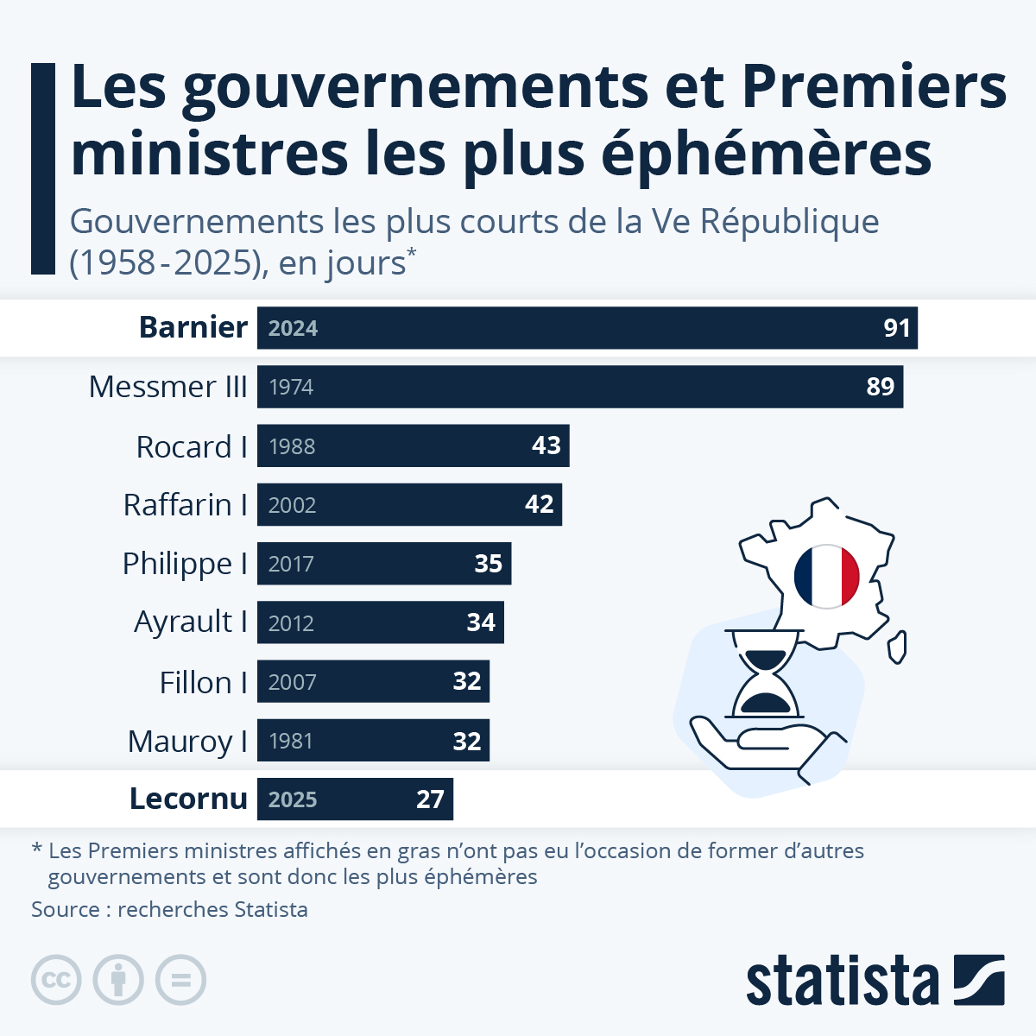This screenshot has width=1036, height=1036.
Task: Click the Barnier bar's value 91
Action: tap(897, 328)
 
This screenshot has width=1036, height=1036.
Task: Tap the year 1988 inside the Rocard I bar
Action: tap(292, 446)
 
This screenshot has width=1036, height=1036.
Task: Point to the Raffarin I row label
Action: tap(186, 505)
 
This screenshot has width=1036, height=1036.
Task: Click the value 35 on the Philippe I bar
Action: tap(488, 564)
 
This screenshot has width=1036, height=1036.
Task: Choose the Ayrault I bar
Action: tap(380, 622)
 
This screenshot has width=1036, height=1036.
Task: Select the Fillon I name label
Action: tap(204, 682)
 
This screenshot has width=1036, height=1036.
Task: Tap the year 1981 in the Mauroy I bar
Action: tap(291, 741)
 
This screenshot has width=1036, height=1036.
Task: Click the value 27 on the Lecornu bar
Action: tap(430, 799)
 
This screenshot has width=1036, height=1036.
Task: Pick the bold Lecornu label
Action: tap(188, 799)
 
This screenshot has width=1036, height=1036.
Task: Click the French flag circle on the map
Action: tap(826, 576)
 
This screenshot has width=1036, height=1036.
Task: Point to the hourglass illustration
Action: tap(765, 673)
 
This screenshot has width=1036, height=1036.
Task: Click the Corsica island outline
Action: tap(898, 647)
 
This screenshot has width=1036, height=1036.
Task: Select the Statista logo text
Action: tap(842, 981)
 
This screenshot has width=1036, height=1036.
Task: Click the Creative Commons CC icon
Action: tap(56, 980)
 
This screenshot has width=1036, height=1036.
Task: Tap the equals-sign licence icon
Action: tap(180, 980)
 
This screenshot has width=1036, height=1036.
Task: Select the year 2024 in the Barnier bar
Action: tap(293, 328)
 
